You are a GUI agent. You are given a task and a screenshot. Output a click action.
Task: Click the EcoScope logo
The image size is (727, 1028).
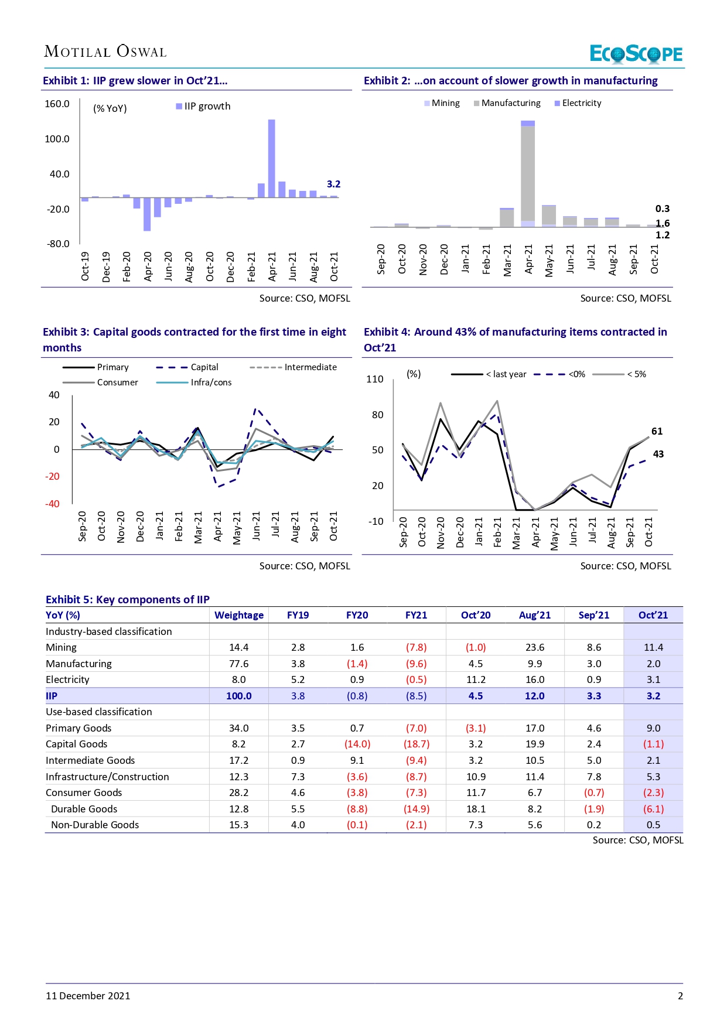(636, 54)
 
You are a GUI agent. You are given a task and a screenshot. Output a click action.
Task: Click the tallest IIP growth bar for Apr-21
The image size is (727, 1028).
(271, 158)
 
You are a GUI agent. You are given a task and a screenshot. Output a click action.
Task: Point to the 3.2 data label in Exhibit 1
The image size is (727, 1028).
(333, 184)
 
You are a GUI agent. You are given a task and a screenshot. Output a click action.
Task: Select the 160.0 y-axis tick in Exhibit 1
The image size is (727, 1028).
(57, 104)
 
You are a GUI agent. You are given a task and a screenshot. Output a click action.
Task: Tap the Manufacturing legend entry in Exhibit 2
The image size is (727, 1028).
(507, 103)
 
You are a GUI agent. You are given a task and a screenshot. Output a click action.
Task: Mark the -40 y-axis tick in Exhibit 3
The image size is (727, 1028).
(53, 504)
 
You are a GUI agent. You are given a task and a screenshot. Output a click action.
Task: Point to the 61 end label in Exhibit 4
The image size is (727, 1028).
(657, 431)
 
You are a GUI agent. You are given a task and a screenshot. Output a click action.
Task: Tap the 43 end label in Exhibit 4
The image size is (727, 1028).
(658, 454)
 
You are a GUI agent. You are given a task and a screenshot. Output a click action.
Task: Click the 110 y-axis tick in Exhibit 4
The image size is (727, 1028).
(375, 379)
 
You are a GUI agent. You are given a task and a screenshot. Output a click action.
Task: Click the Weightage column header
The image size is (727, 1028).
(239, 615)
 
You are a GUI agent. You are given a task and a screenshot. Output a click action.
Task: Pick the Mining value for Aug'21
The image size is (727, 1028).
(535, 647)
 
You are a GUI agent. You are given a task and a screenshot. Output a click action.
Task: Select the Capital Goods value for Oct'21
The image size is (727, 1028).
(653, 744)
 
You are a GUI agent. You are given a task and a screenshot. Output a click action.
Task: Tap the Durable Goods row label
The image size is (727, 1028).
(84, 809)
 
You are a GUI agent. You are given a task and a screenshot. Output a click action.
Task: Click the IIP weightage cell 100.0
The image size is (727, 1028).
(239, 696)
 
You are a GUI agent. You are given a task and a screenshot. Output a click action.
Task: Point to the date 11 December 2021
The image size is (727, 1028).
(88, 996)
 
